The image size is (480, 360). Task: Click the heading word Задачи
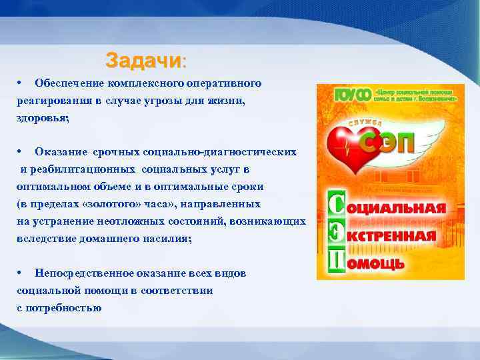tap(142, 61)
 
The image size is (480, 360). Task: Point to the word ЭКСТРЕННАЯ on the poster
tap(397, 236)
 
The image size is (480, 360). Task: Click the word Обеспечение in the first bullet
tap(66, 84)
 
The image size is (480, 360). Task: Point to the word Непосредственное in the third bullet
tap(89, 273)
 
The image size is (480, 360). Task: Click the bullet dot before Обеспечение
tap(22, 83)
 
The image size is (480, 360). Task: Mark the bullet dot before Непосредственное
tap(22, 273)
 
